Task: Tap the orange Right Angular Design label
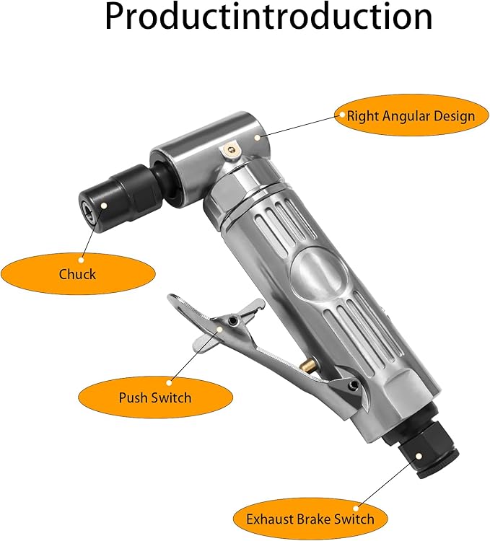[411, 115]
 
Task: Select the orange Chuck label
[77, 273]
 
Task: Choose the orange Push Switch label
[155, 397]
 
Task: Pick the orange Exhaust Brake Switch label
[310, 518]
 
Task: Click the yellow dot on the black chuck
[105, 205]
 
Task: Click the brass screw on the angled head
[229, 150]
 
